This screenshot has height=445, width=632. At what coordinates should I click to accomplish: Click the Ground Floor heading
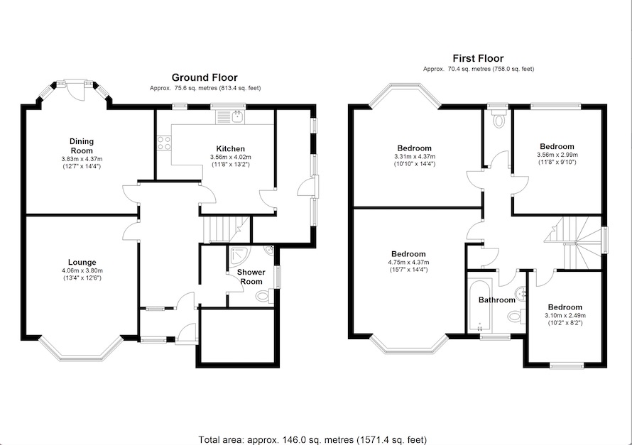pos(205,77)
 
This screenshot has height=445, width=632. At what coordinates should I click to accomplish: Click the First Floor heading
pos(478,58)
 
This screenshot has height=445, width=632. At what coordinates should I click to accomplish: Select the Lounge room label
pos(82,262)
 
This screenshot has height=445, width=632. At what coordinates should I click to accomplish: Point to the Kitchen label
pos(211,148)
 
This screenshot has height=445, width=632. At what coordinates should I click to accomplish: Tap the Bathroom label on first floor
pos(496,300)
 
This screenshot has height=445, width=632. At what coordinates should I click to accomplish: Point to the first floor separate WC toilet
pos(498,119)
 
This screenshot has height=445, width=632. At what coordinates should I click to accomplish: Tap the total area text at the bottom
pos(315,439)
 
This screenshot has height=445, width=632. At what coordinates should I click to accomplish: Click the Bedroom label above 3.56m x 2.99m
pos(557,146)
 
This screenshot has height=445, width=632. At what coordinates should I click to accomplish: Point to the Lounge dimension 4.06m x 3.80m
pos(82,270)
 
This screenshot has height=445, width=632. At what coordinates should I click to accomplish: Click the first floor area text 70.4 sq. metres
pos(478,70)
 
